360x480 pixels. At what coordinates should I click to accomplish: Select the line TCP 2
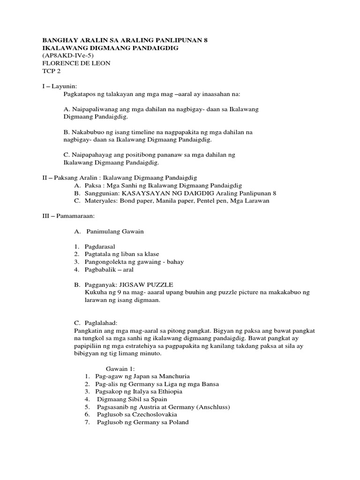tap(51, 71)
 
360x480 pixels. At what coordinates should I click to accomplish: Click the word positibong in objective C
tap(145, 155)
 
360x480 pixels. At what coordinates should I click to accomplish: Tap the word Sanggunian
tap(101, 193)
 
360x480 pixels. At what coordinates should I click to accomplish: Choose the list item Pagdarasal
tap(100, 247)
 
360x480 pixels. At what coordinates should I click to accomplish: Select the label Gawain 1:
tap(120, 369)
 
